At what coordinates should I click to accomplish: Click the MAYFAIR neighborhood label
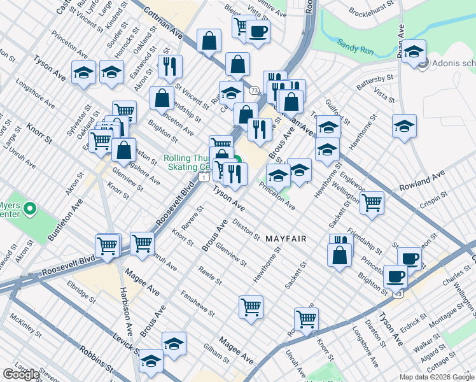coord(286,239)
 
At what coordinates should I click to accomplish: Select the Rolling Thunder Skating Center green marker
coord(237,162)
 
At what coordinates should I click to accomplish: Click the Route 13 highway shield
coord(398,294)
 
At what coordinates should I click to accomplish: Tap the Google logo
coord(21,374)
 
